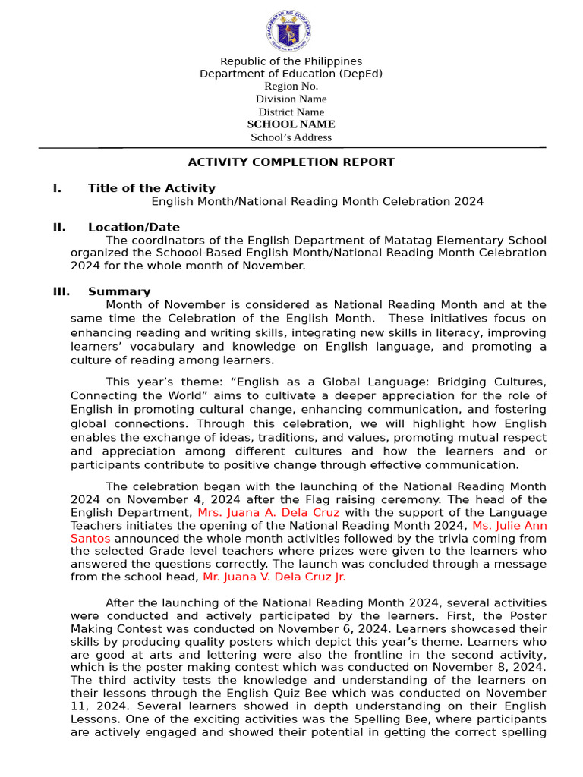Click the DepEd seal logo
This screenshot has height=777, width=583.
288,31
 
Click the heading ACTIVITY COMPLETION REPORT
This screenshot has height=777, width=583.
291,162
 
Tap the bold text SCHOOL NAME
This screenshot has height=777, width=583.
291,124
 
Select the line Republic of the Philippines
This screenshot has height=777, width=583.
291,61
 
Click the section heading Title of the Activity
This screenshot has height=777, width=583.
152,188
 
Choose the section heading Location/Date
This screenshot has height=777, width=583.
134,227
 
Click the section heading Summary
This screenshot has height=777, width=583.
119,291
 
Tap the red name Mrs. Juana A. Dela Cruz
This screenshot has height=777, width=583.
269,512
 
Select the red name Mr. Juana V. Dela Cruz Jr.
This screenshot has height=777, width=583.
274,577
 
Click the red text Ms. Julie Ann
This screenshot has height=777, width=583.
509,525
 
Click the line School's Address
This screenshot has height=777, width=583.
291,137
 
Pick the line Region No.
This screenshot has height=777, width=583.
291,86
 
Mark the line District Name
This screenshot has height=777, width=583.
291,112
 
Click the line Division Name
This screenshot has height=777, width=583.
291,99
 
